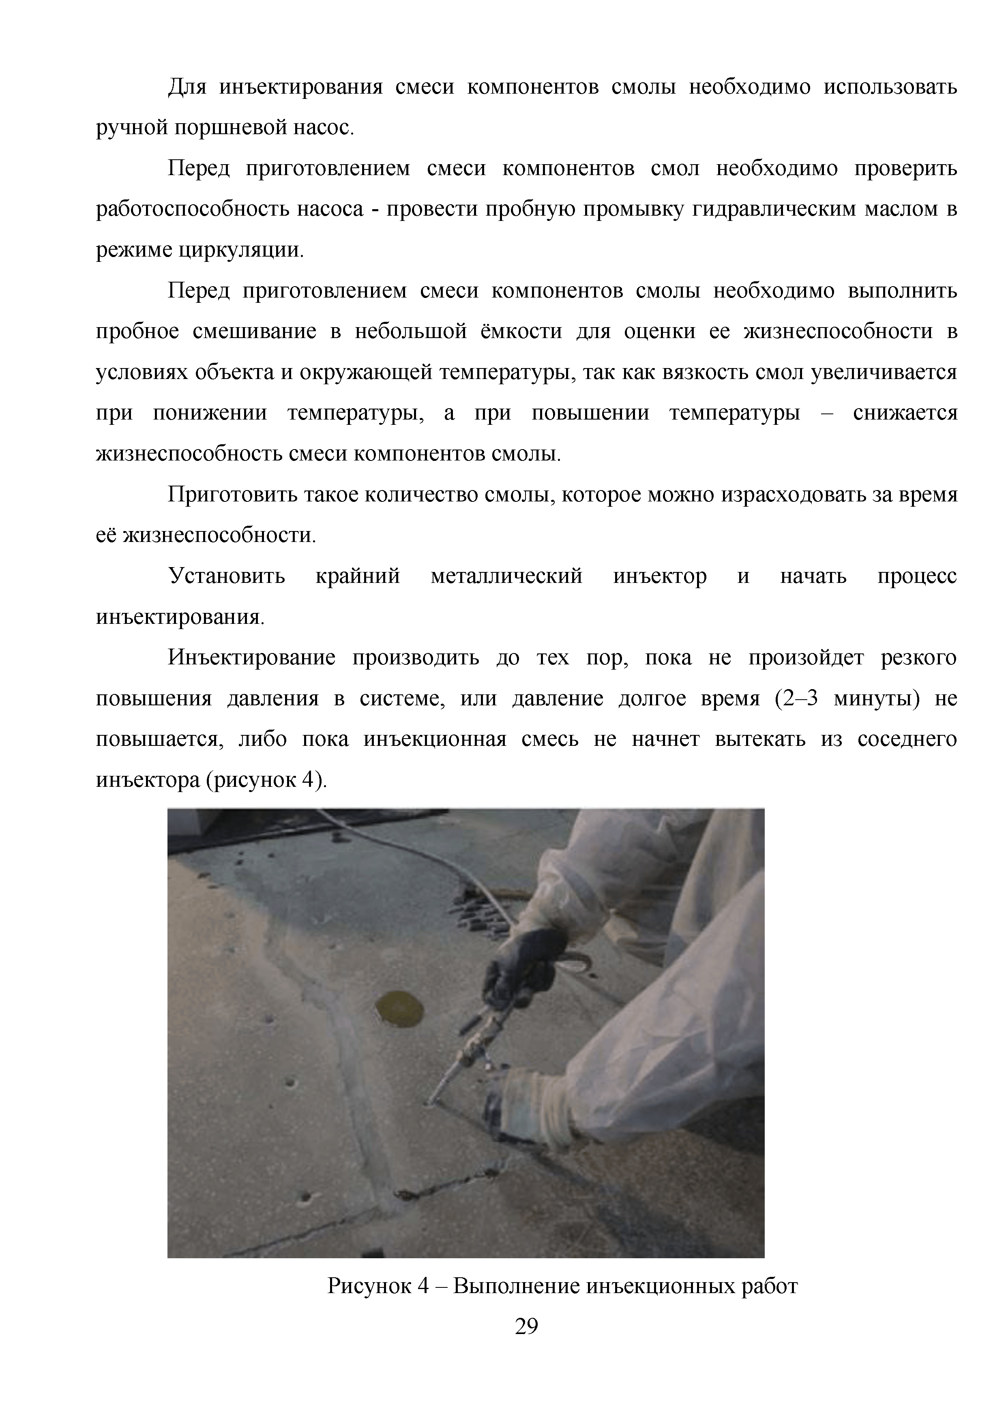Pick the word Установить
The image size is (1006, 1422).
227,576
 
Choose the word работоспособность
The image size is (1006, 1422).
189,209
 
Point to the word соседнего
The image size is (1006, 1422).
907,739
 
